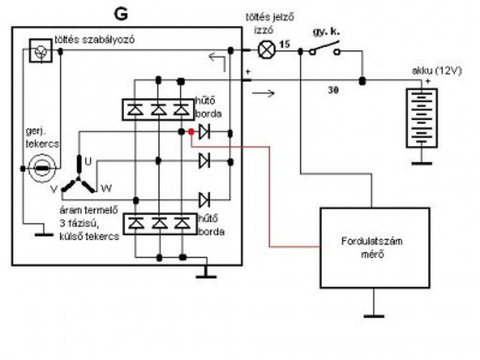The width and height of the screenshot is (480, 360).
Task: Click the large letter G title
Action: (121, 15)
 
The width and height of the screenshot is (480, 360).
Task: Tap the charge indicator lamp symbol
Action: (267, 50)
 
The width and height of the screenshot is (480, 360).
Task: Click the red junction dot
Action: (191, 132)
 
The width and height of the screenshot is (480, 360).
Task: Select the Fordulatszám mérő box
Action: (375, 248)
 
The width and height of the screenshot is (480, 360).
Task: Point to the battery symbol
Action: (422, 118)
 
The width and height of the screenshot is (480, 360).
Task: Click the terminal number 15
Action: (285, 45)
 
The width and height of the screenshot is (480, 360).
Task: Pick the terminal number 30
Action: (333, 90)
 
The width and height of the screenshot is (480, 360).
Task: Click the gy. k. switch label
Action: (326, 32)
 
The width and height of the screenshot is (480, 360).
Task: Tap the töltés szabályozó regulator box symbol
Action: (41, 51)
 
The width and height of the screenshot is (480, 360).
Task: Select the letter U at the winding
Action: (88, 162)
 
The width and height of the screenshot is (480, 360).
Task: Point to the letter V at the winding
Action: (54, 189)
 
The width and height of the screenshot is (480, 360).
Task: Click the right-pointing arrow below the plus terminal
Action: (263, 93)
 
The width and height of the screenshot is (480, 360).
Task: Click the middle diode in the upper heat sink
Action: (159, 109)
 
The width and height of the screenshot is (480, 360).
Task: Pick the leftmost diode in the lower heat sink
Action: (136, 223)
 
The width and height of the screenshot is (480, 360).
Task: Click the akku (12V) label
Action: (437, 71)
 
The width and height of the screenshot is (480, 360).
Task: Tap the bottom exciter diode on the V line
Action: (204, 200)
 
